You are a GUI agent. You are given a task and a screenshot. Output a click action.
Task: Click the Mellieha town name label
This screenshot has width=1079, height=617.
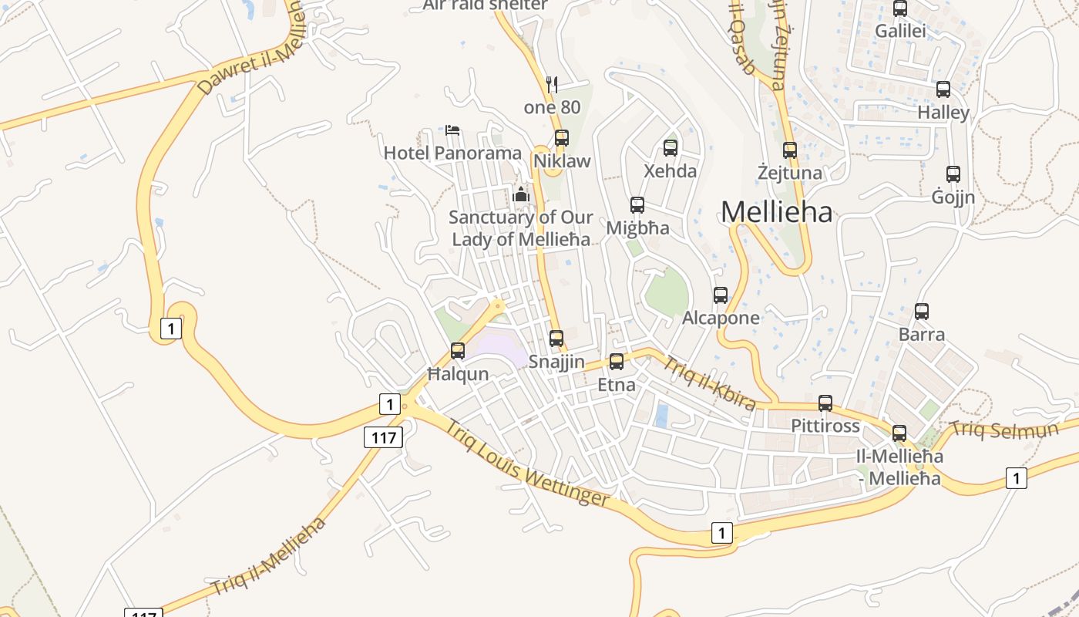(x=777, y=212)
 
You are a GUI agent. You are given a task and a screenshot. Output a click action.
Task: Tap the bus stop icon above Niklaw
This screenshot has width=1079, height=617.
(x=562, y=138)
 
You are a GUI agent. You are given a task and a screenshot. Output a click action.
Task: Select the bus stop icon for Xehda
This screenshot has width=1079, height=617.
(x=671, y=148)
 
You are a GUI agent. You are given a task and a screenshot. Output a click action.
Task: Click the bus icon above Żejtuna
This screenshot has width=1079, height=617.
(x=790, y=150)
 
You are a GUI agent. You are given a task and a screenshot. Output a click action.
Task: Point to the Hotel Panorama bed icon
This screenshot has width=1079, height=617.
(x=452, y=130)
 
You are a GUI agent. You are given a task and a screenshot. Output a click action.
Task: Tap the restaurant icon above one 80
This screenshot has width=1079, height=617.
(x=551, y=84)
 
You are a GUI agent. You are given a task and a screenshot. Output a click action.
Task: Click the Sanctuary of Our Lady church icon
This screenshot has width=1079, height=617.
(x=521, y=194)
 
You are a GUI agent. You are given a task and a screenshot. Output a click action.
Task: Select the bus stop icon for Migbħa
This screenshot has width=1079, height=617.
(x=637, y=205)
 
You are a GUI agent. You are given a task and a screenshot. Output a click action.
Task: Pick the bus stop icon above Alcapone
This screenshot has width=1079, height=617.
(x=721, y=295)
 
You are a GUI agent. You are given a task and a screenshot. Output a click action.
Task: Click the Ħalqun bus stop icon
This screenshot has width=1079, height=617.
(x=458, y=351)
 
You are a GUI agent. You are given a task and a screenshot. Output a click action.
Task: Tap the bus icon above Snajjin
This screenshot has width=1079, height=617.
(x=556, y=339)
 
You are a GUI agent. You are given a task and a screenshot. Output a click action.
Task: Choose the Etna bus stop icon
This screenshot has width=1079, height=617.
(x=617, y=362)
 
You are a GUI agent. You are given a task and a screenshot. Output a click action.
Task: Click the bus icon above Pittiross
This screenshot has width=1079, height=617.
(x=825, y=403)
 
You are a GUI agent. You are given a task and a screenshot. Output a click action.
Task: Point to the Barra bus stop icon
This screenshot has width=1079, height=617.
(x=922, y=312)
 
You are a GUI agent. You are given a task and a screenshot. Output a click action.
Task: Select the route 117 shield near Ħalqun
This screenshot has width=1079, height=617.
(x=383, y=438)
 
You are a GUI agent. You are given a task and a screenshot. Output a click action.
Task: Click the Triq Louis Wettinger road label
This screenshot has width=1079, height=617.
(x=527, y=463)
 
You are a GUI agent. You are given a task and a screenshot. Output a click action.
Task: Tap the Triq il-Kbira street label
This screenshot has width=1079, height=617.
(x=709, y=383)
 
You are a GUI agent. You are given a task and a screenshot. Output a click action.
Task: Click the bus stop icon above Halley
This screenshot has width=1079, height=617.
(x=943, y=89)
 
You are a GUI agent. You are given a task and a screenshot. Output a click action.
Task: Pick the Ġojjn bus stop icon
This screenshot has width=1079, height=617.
(x=953, y=174)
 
